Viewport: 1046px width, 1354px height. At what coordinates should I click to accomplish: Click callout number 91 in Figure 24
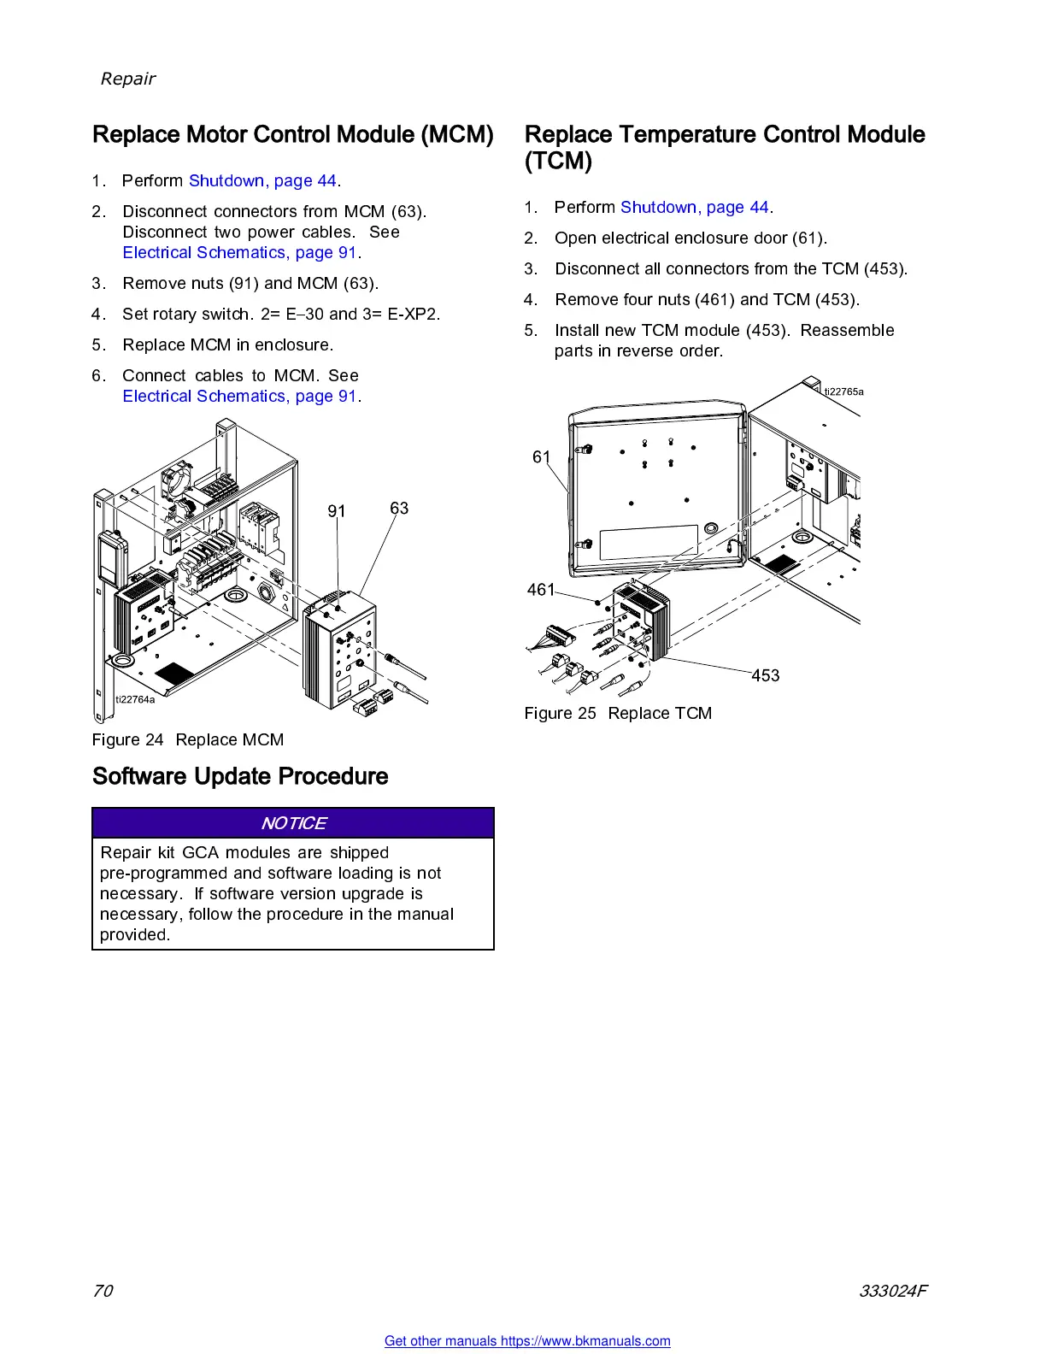coord(337,511)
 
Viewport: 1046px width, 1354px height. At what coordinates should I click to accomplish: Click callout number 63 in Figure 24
coord(399,509)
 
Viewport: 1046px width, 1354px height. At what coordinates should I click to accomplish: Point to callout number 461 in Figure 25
coord(541,590)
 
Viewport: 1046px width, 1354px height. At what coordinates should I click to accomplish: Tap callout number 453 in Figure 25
coord(766,675)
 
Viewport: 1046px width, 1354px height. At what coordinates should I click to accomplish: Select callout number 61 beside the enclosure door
coord(541,457)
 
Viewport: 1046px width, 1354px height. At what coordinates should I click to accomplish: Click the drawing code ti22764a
coord(135,699)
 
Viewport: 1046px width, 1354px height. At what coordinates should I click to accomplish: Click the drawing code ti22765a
coord(843,391)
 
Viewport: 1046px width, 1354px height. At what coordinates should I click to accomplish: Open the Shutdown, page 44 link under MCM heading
coord(262,180)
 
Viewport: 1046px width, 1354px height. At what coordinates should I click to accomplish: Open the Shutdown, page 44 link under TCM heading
coord(695,207)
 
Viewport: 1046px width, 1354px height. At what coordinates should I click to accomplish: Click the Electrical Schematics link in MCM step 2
coord(239,252)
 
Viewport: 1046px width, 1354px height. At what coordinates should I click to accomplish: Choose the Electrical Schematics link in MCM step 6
coord(239,396)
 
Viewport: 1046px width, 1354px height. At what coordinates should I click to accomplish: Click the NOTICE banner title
coord(293,823)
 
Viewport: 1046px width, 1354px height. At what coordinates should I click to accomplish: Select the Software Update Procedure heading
coord(240,776)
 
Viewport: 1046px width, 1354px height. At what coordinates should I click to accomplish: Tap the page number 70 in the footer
coord(103,1291)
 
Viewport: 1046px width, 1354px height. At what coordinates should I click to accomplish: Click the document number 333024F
coord(893,1291)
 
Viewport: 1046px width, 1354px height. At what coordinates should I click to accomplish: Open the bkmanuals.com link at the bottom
coord(527,1341)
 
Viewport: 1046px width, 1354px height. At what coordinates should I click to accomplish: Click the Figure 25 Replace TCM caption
coord(618,713)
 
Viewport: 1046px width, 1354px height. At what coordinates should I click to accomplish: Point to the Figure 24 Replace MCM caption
coord(188,739)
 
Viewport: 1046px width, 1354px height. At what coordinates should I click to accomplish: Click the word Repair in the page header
coord(128,79)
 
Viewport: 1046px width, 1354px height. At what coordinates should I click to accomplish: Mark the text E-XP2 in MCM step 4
coord(414,314)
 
